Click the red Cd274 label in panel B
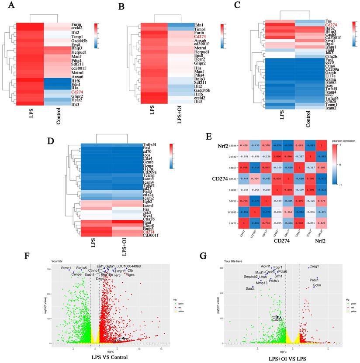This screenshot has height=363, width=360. click(x=200, y=37)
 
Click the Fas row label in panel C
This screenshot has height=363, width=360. click(x=328, y=21)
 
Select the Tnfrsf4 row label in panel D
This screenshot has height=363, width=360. click(x=150, y=144)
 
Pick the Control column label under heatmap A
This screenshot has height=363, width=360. click(x=58, y=114)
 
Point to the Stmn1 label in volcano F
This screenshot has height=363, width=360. click(x=66, y=268)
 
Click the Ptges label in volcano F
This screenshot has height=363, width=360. click(x=130, y=275)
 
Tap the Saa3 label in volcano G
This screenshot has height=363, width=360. click(x=249, y=289)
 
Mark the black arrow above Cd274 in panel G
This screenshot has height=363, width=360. click(x=275, y=317)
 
